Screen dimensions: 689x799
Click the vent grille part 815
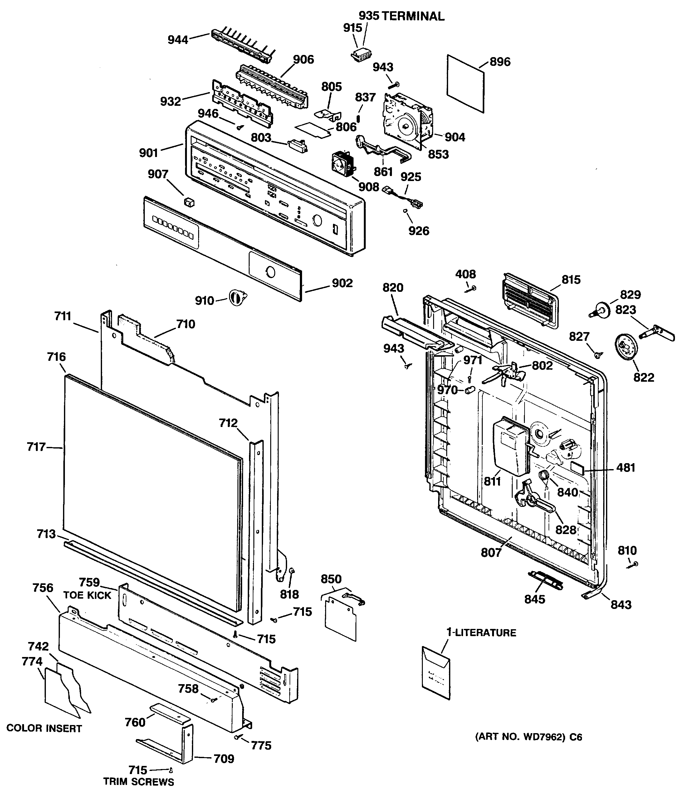coord(530,301)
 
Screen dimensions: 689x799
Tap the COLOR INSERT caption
coord(44,728)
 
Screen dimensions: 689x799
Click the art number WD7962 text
coord(528,737)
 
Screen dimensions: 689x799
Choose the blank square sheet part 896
coord(465,84)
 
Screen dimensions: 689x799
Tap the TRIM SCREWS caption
coord(139,782)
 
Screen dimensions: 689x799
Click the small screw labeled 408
coord(471,288)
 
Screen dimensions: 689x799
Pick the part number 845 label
coord(535,599)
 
